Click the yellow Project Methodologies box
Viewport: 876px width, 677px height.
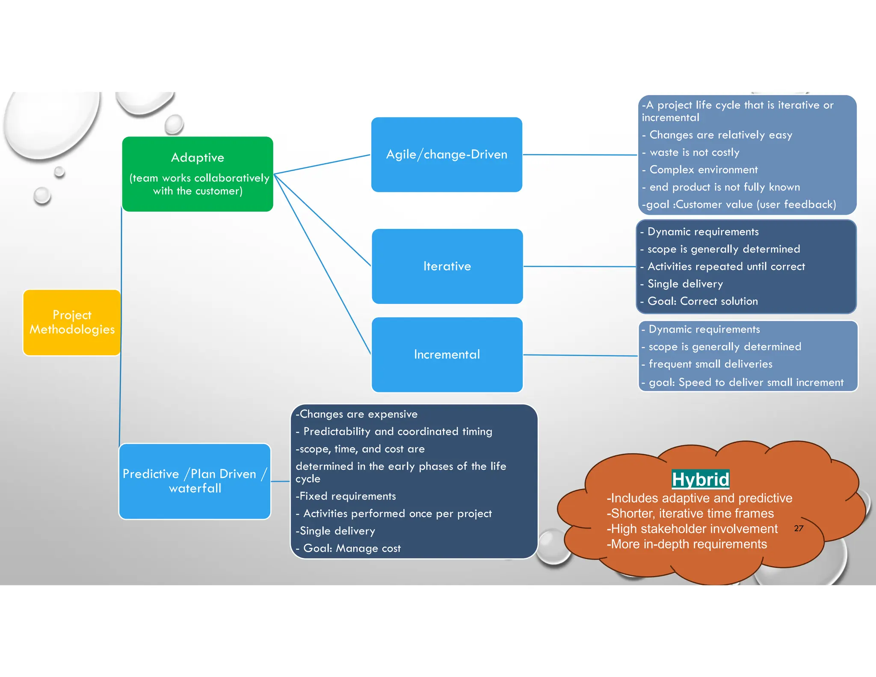tap(72, 322)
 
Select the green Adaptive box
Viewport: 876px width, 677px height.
tap(197, 174)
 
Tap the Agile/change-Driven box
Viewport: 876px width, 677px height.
tap(447, 154)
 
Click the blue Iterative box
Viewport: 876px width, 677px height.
tap(447, 266)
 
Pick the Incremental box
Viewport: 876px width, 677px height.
tap(447, 354)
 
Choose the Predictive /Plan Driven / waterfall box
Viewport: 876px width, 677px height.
tap(195, 481)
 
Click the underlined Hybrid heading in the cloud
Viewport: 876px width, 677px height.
tap(700, 479)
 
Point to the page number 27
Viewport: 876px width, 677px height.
tap(798, 529)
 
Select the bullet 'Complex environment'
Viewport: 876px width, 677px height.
tap(703, 170)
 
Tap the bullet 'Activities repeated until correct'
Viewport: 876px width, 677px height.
tap(726, 267)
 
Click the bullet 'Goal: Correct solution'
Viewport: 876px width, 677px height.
tap(702, 301)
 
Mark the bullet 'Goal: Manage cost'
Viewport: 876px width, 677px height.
tap(352, 548)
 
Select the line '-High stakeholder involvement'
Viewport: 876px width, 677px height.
tap(692, 529)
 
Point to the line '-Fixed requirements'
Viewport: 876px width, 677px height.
tap(346, 496)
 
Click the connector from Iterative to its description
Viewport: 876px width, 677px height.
tap(580, 267)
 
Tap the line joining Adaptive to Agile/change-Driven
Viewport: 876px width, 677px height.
tap(322, 164)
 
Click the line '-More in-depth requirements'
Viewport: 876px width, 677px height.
tap(687, 544)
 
